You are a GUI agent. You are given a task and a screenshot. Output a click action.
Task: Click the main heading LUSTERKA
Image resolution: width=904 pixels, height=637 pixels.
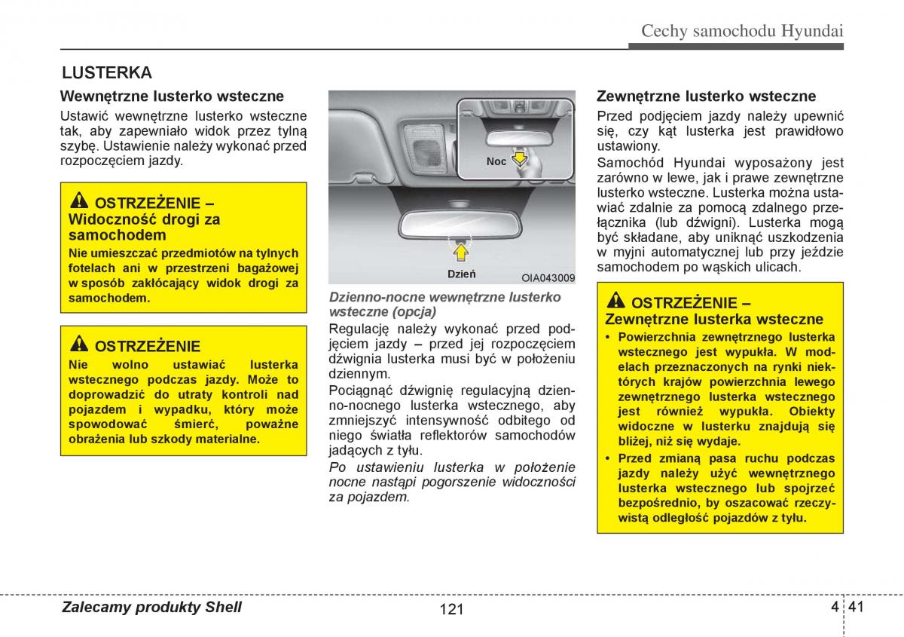click(x=107, y=73)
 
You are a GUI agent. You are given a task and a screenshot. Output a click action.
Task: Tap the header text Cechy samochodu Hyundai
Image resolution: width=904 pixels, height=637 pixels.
click(x=741, y=31)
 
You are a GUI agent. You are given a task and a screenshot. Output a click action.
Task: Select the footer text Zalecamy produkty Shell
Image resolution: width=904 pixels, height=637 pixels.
click(x=151, y=608)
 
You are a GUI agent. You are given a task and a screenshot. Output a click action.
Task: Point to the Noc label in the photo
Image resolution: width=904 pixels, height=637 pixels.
click(x=496, y=161)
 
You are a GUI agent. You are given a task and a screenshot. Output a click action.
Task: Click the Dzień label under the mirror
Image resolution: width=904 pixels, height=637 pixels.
click(x=461, y=274)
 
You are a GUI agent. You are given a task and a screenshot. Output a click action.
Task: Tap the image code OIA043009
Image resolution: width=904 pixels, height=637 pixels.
click(x=548, y=277)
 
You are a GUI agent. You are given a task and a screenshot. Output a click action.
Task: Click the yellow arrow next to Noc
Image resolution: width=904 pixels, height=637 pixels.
click(x=518, y=159)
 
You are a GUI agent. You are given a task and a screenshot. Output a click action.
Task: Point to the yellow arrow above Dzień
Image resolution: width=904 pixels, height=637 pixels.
click(x=460, y=247)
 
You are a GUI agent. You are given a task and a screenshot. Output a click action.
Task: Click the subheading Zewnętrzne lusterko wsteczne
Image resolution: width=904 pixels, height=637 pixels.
click(x=706, y=96)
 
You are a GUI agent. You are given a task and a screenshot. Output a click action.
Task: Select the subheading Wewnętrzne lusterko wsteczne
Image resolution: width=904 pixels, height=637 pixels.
click(x=172, y=96)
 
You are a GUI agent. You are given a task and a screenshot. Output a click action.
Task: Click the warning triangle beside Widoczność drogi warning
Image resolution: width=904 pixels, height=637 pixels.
click(x=79, y=201)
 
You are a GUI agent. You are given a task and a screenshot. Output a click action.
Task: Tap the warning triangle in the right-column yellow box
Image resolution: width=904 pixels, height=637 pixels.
click(x=615, y=301)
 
